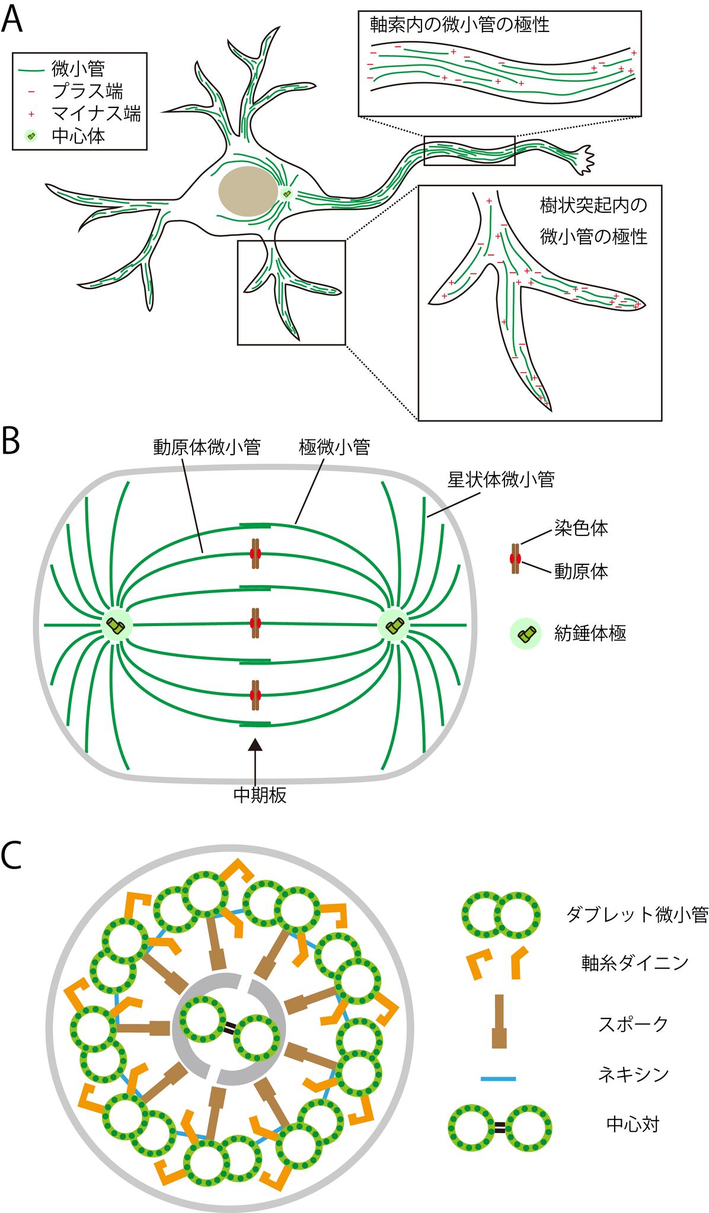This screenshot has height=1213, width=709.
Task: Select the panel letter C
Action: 11,856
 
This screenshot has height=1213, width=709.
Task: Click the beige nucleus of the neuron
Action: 248,191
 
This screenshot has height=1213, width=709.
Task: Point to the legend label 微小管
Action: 78,69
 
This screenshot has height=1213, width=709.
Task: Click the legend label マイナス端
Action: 96,114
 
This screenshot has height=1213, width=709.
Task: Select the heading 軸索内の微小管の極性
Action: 459,25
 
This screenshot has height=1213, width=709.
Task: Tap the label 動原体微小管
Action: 206,447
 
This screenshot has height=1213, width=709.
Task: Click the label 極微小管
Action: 334,447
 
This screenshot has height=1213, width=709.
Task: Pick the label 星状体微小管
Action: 501,480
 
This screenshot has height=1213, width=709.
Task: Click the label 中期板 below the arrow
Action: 260,795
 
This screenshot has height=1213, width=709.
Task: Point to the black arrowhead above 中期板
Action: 255,745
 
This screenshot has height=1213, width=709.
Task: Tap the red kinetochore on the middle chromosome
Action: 256,623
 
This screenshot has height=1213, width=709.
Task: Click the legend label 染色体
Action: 581,528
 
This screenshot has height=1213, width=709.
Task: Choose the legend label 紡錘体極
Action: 590,633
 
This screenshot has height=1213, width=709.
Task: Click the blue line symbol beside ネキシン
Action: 498,1078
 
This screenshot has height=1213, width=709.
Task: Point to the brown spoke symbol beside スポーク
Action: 499,1021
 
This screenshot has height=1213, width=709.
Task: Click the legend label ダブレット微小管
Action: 637,915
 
